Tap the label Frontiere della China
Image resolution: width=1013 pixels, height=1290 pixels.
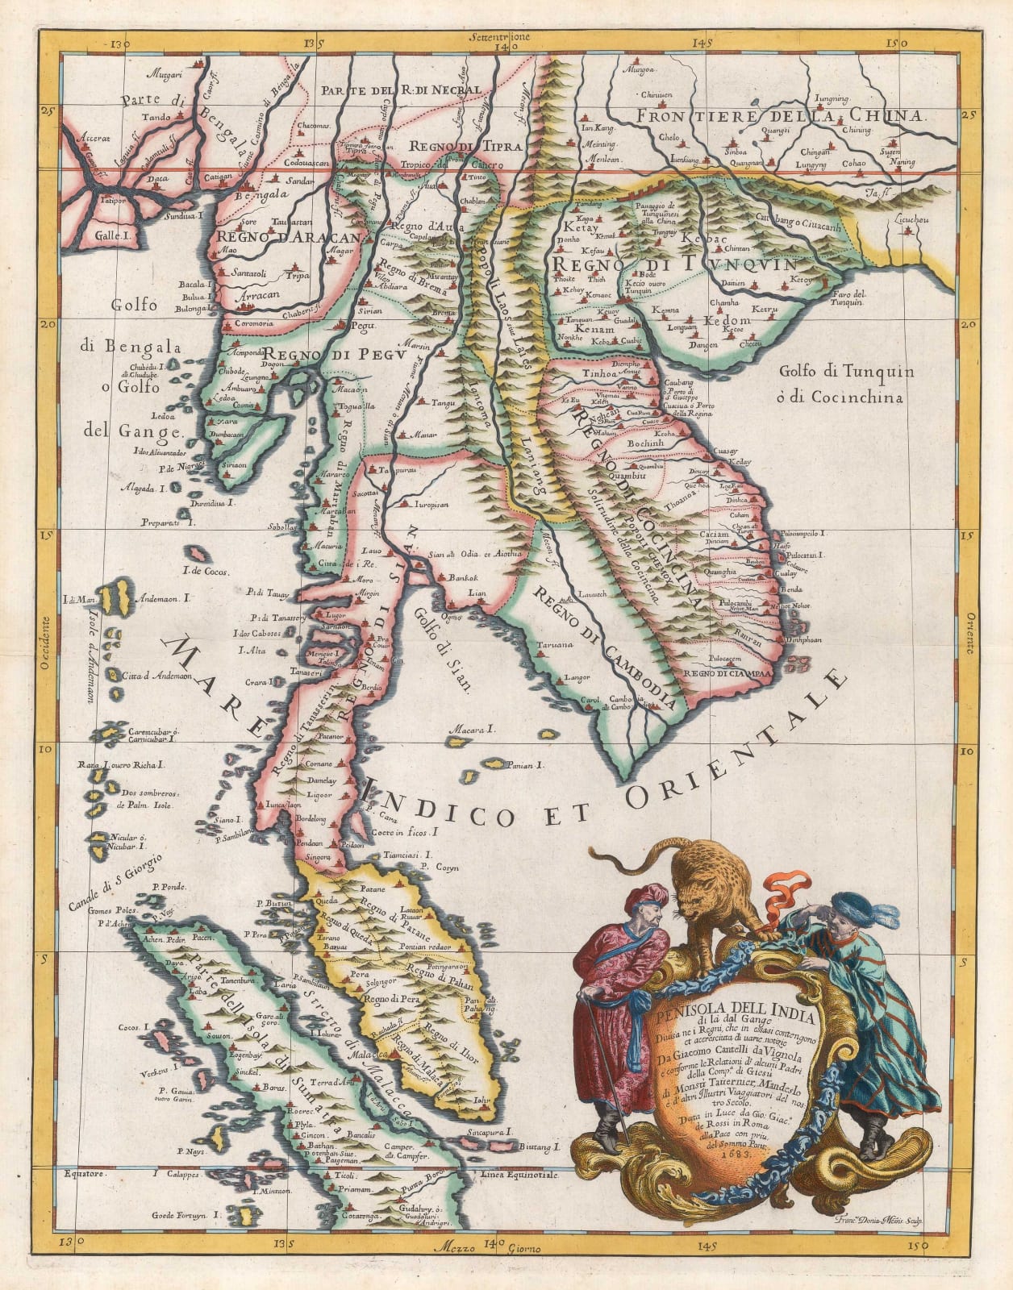(778, 116)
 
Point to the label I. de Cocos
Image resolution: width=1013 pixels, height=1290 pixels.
(206, 572)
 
